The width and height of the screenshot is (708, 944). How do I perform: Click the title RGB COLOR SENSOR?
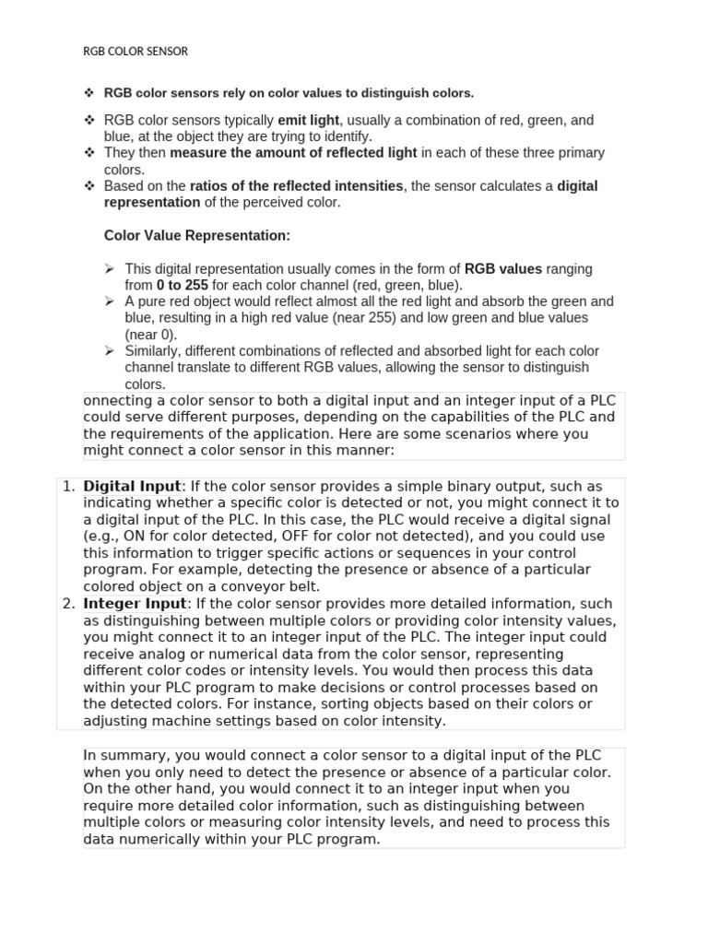click(136, 52)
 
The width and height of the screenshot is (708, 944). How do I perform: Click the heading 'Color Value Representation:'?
click(197, 236)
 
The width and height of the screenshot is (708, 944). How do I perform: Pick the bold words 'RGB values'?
click(502, 269)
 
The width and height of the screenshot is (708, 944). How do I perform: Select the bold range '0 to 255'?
click(183, 286)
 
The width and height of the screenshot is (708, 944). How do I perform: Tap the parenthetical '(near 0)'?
click(151, 335)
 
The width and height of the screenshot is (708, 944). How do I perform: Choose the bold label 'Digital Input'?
click(132, 486)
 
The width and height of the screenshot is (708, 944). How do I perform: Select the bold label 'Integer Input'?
click(135, 604)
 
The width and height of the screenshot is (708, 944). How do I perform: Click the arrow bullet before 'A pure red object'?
click(110, 301)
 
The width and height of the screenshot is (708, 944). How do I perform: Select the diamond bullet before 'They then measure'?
click(89, 153)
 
